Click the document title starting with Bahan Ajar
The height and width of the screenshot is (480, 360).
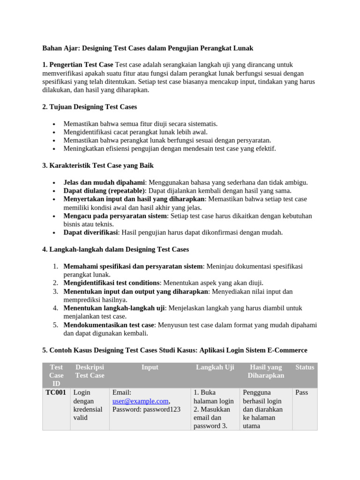pos(148,48)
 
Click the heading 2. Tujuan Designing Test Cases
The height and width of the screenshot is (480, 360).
pos(90,107)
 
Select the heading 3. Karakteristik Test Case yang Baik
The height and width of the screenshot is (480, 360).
pos(98,165)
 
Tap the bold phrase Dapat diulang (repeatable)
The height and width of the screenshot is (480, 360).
pos(105,191)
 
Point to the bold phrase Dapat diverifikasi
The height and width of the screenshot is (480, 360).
pos(90,232)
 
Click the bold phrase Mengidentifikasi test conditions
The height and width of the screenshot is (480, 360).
pos(112,283)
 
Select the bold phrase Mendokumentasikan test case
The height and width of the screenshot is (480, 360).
pos(109,325)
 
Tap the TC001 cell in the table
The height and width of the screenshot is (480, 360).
pos(56,392)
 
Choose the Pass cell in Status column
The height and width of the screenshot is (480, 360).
pos(301,392)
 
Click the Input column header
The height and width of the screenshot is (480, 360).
pos(150,367)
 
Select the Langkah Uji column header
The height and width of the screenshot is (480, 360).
pos(215,367)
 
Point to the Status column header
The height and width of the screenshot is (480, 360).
pos(305,367)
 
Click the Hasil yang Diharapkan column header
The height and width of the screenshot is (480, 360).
pos(266,372)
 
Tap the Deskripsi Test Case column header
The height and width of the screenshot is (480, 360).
pos(90,372)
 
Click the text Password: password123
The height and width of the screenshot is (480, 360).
pos(146,410)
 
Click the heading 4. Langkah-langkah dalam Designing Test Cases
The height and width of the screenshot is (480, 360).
pos(115,249)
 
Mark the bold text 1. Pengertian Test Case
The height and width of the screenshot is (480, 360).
pos(78,65)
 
